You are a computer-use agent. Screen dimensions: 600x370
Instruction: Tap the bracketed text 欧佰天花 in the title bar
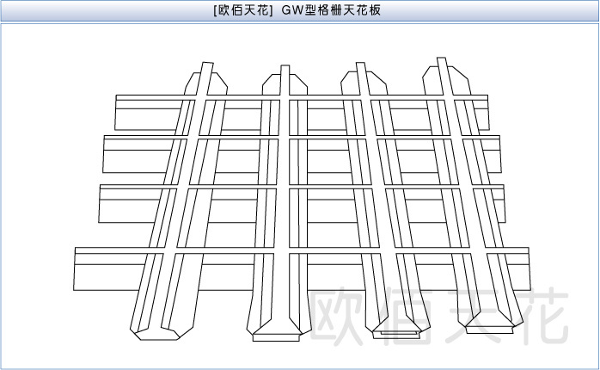click(242, 11)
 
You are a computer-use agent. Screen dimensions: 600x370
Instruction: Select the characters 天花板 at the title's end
click(370, 11)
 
